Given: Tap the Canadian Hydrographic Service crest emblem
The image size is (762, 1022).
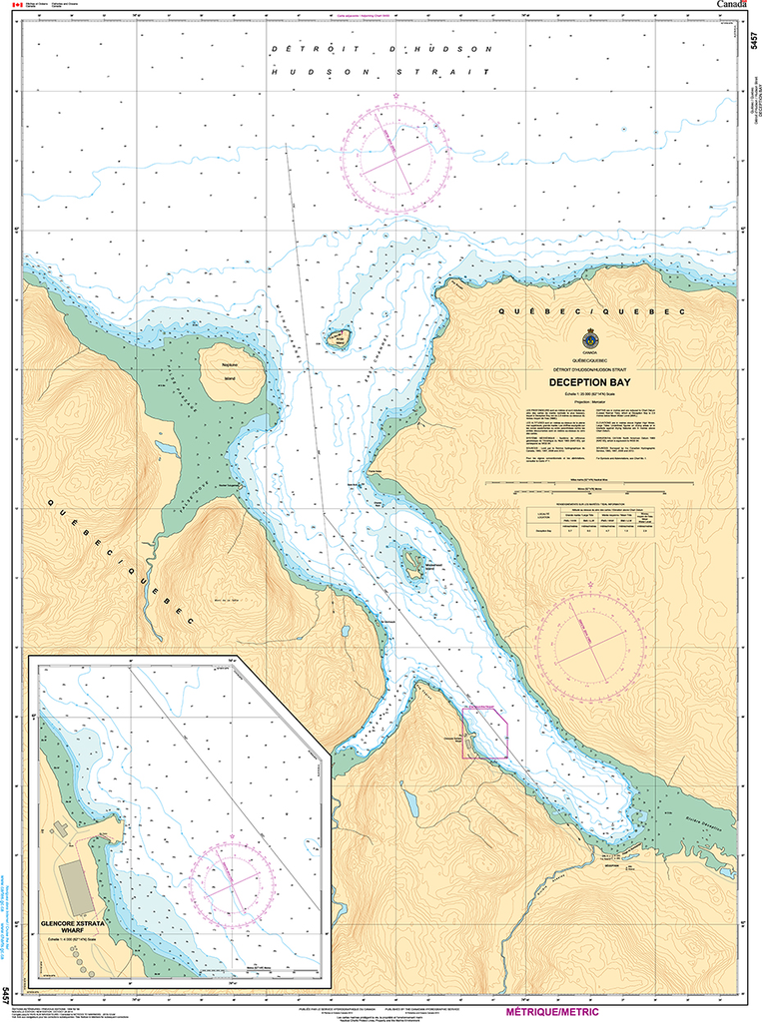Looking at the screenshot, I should (590, 338).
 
